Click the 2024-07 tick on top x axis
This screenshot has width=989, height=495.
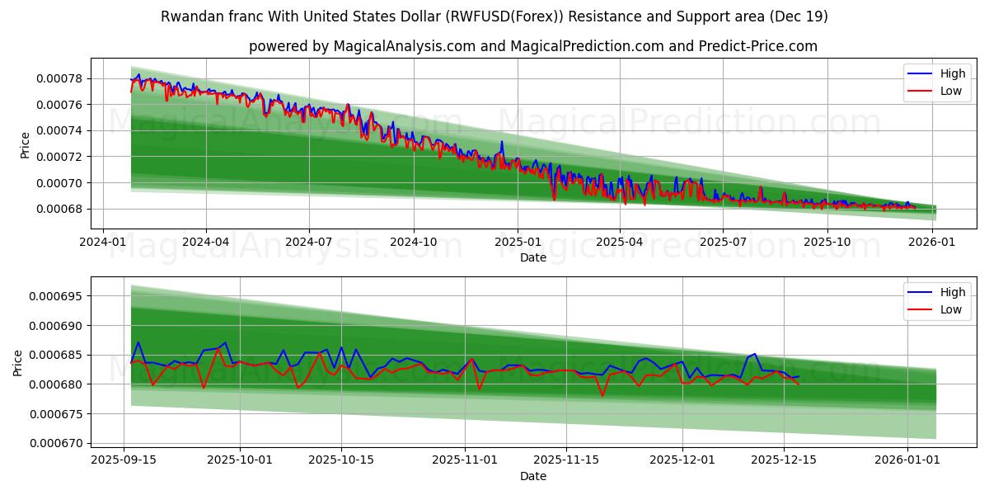309,242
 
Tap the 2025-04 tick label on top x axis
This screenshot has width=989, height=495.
619,242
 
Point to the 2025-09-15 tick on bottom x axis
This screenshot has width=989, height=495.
124,460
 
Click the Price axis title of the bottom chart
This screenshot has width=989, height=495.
18,363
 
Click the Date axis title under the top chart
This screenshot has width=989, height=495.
532,257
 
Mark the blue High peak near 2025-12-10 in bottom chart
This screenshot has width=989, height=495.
754,354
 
